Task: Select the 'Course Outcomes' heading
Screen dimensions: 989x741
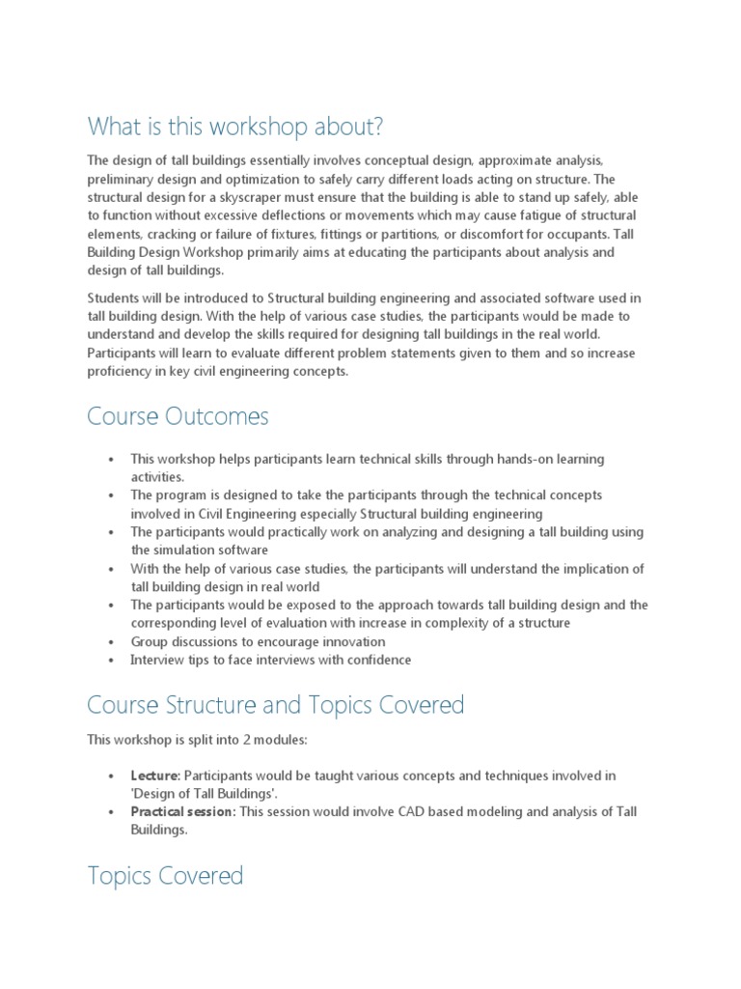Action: click(x=178, y=416)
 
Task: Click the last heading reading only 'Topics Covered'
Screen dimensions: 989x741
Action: click(x=165, y=876)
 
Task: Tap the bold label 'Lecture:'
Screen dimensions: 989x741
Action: click(x=155, y=776)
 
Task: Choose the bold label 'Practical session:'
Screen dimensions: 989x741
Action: click(x=182, y=812)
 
